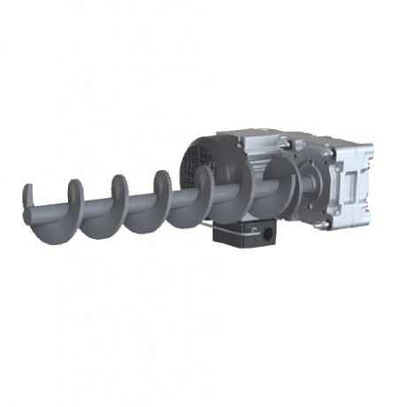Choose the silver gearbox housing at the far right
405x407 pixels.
click(354, 177)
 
